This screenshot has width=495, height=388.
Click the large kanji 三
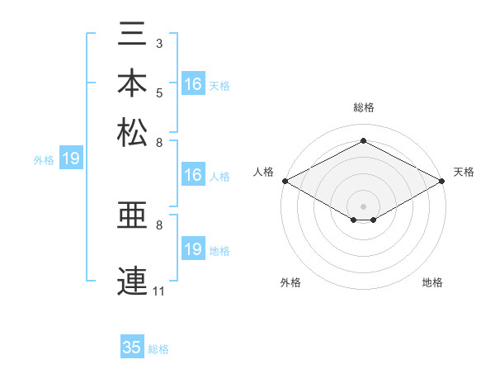(x=132, y=34)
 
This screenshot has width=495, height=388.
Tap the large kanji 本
(x=132, y=83)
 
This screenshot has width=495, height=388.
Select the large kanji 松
(x=132, y=132)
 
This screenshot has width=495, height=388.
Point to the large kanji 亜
(x=132, y=215)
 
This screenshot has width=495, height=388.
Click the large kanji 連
(x=132, y=281)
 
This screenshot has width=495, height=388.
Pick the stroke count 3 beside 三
(x=159, y=44)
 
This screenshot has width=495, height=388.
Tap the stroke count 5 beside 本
(x=159, y=93)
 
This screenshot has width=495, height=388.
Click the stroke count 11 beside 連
(x=158, y=291)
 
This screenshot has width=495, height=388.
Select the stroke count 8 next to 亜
(x=159, y=225)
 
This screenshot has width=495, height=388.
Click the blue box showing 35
(x=132, y=346)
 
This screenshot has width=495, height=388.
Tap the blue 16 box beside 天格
(x=193, y=83)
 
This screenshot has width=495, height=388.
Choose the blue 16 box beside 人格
(x=193, y=174)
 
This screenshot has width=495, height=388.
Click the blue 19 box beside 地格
(x=193, y=248)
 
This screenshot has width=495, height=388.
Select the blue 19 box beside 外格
(x=71, y=158)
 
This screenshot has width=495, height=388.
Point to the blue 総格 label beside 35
(x=158, y=349)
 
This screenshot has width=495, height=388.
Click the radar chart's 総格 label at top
(x=364, y=107)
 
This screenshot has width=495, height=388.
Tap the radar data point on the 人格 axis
(x=285, y=181)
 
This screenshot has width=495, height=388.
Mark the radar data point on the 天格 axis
(x=442, y=181)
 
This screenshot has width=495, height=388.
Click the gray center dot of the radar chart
(x=363, y=206)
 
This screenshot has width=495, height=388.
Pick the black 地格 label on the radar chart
(x=432, y=282)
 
